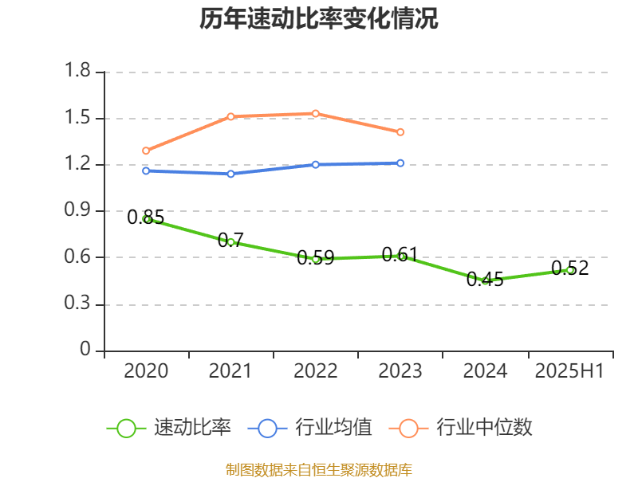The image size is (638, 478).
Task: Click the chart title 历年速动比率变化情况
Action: tap(319, 19)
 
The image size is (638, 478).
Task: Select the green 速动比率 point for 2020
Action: tap(146, 219)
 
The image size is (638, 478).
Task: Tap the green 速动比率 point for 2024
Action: tap(485, 280)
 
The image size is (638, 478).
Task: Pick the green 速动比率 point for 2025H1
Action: tap(570, 270)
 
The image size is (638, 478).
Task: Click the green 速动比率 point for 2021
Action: tap(230, 241)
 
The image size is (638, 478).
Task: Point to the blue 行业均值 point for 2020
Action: tap(146, 170)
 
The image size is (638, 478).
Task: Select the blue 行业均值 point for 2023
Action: tap(400, 163)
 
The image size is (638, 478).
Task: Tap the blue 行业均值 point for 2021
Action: tap(230, 174)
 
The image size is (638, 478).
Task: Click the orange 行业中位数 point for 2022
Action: tap(316, 113)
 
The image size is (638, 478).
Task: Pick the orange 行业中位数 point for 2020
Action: tap(146, 151)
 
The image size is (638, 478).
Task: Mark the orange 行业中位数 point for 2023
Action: tap(400, 132)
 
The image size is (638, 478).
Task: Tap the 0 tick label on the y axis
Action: tap(86, 351)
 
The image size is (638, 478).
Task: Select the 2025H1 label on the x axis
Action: tap(569, 371)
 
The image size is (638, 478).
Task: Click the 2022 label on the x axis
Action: tap(315, 371)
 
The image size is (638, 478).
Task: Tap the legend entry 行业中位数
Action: tap(461, 428)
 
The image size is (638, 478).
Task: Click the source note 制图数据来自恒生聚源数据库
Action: tap(319, 469)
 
